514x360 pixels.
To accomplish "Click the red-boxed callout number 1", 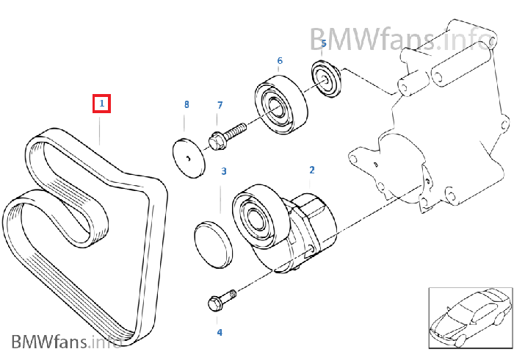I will [101, 104].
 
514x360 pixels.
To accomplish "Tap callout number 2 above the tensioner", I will [311, 170].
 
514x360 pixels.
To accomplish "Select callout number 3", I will [224, 171].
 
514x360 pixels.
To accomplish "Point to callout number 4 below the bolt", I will [219, 332].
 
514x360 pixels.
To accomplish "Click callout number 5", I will [323, 44].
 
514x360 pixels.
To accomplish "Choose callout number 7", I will [219, 106].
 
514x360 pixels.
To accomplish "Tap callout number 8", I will [187, 105].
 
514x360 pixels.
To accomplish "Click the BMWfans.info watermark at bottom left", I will [66, 341].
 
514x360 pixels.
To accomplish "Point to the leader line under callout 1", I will [101, 129].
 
